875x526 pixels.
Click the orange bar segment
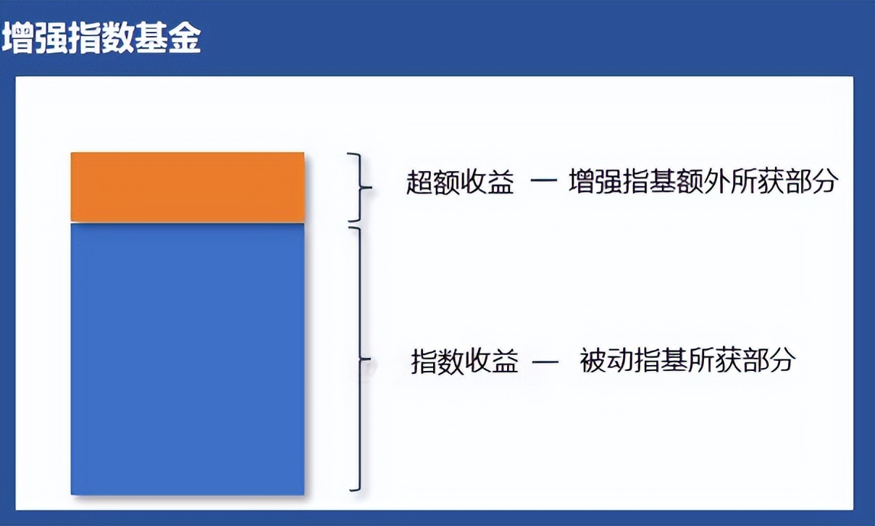pyautogui.click(x=188, y=187)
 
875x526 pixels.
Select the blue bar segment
pyautogui.click(x=188, y=359)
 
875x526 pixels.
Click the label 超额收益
pyautogui.click(x=459, y=183)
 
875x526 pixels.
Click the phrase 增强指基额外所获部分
pyautogui.click(x=703, y=182)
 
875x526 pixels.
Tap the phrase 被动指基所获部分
pyautogui.click(x=687, y=360)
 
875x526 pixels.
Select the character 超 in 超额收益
pyautogui.click(x=419, y=183)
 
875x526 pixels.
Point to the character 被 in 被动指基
pyautogui.click(x=593, y=360)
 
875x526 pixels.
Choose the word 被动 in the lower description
pyautogui.click(x=607, y=360)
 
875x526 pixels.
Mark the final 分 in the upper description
pyautogui.click(x=824, y=182)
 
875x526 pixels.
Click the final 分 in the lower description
pyautogui.click(x=783, y=360)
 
